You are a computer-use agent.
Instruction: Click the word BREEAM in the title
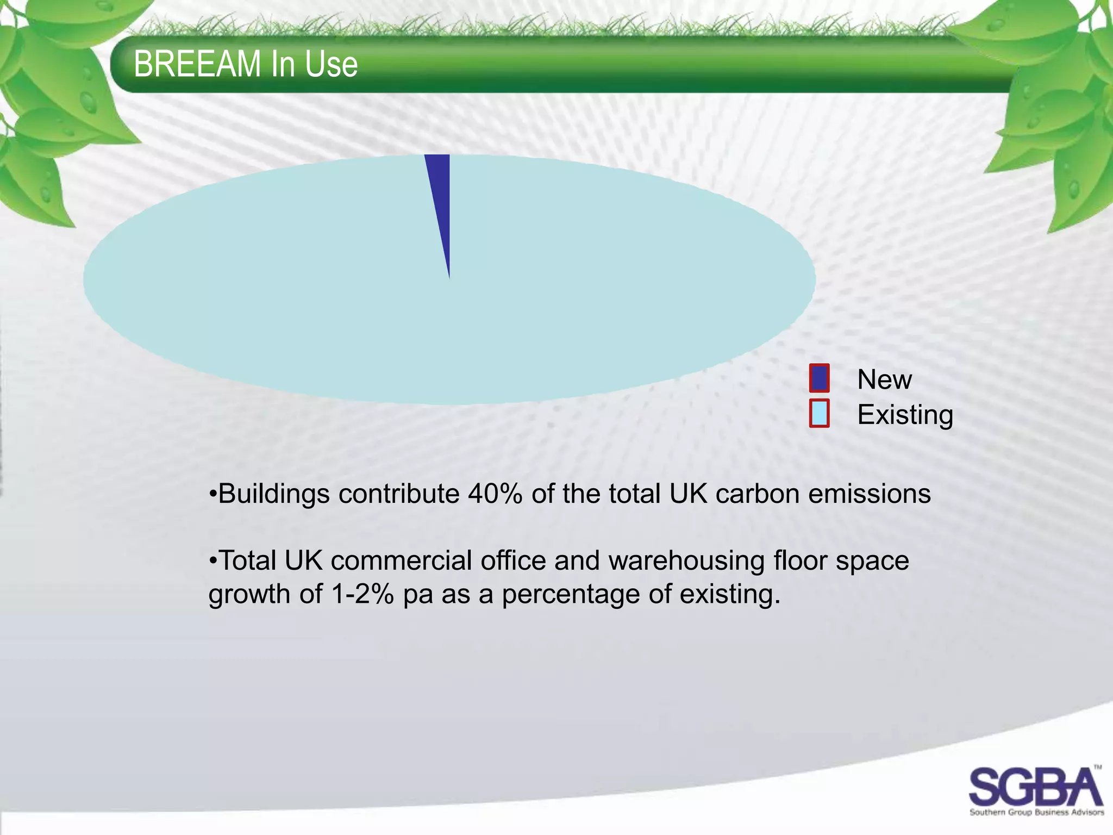point(197,64)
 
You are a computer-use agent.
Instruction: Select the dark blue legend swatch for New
point(819,378)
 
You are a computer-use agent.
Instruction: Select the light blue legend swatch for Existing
point(819,413)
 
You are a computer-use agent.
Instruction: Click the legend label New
point(884,379)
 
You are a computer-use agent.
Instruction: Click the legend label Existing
point(905,415)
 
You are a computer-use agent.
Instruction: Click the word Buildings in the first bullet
point(273,494)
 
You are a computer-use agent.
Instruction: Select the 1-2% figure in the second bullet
point(362,594)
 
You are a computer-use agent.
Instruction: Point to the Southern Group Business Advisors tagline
point(1036,813)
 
